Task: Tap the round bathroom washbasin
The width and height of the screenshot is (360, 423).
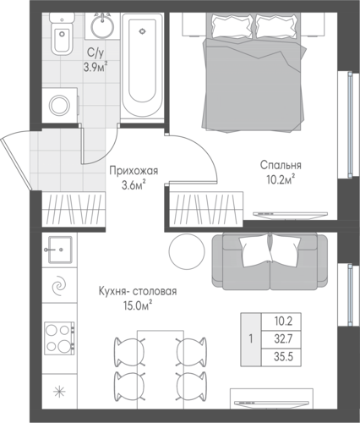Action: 102,26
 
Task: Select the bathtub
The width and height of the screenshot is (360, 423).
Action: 142,66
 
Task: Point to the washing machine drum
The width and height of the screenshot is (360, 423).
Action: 59,106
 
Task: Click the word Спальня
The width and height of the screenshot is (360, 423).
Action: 281,165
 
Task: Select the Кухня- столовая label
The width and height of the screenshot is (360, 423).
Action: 138,291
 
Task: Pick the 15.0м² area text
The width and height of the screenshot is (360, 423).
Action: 138,305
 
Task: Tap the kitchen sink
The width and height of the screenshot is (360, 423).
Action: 60,250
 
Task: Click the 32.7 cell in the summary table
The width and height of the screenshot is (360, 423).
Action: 284,339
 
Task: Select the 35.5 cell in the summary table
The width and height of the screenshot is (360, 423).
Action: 284,357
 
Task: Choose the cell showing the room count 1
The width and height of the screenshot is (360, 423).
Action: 251,339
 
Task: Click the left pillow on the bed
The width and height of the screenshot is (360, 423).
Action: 232,26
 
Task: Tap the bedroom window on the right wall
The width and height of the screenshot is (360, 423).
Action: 350,125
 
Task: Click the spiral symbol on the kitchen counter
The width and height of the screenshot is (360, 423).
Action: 59,287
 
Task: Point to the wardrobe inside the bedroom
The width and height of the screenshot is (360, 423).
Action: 206,208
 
